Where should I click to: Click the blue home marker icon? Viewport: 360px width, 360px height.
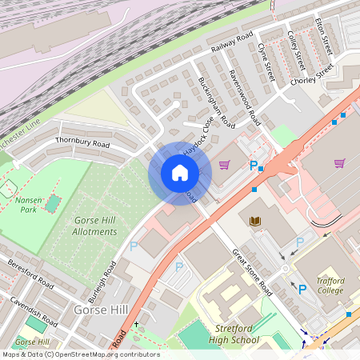pyautogui.click(x=179, y=172)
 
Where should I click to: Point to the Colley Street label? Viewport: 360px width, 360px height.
pyautogui.click(x=295, y=50)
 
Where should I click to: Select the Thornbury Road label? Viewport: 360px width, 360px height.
pyautogui.click(x=82, y=142)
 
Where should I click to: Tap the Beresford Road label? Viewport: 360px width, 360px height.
pyautogui.click(x=30, y=274)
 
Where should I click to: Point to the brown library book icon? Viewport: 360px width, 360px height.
pyautogui.click(x=255, y=221)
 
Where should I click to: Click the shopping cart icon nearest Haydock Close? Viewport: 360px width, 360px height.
pyautogui.click(x=225, y=165)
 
